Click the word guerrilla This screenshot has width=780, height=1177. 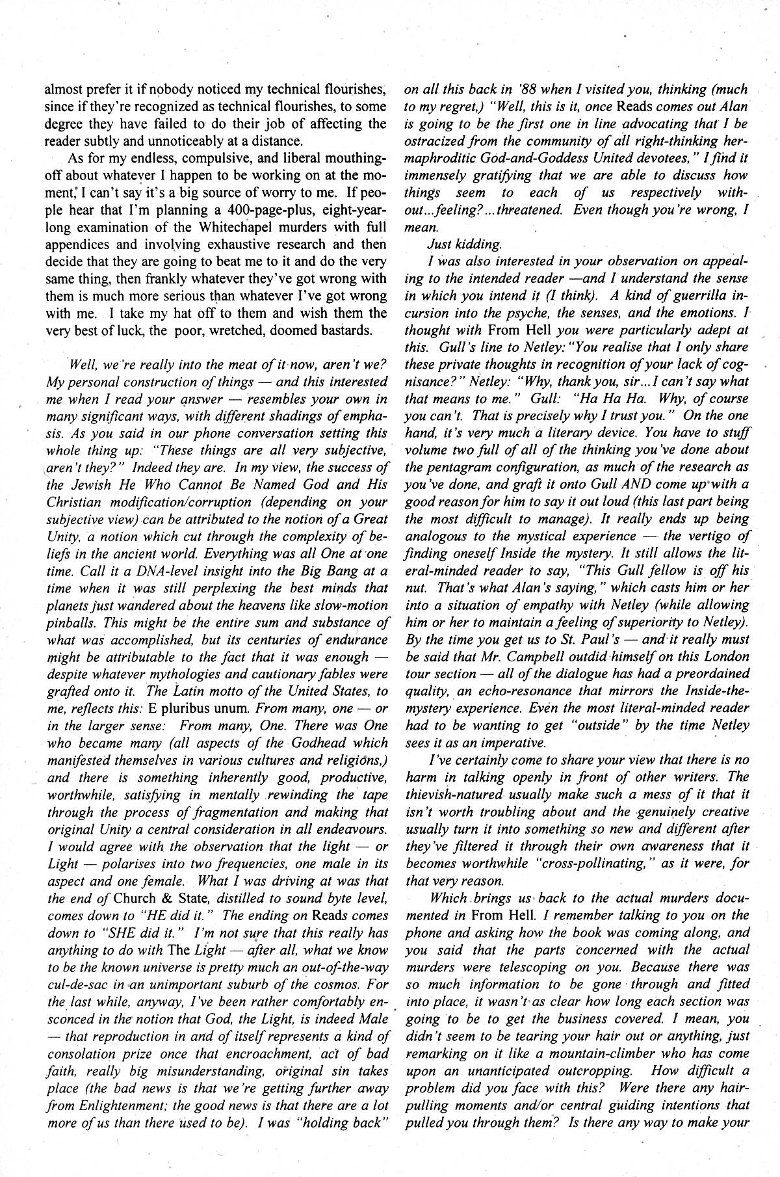[678, 296]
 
